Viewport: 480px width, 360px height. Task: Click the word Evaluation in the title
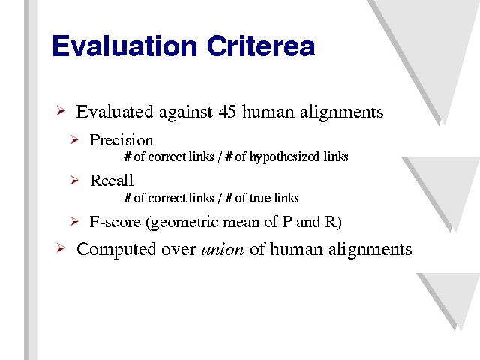pyautogui.click(x=124, y=46)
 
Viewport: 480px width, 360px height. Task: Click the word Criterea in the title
pyautogui.click(x=261, y=46)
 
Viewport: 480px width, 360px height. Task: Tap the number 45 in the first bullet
pyautogui.click(x=227, y=112)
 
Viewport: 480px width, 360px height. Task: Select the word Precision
pyautogui.click(x=121, y=140)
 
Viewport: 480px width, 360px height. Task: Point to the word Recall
pyautogui.click(x=112, y=180)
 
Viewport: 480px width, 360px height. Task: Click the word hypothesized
pyautogui.click(x=284, y=157)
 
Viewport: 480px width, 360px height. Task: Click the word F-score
pyautogui.click(x=115, y=222)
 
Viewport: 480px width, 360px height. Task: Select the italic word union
pyautogui.click(x=223, y=250)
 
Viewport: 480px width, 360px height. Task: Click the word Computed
pyautogui.click(x=116, y=249)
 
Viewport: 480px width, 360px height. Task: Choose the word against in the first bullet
pyautogui.click(x=185, y=112)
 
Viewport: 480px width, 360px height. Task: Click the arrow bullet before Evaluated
pyautogui.click(x=61, y=110)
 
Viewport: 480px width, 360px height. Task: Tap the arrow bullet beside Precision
pyautogui.click(x=75, y=140)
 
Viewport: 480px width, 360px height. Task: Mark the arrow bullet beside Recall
pyautogui.click(x=75, y=180)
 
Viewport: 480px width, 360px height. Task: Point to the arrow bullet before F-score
pyautogui.click(x=75, y=221)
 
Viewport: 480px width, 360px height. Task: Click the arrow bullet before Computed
pyautogui.click(x=61, y=248)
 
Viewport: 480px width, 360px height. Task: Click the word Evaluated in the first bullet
pyautogui.click(x=115, y=112)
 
